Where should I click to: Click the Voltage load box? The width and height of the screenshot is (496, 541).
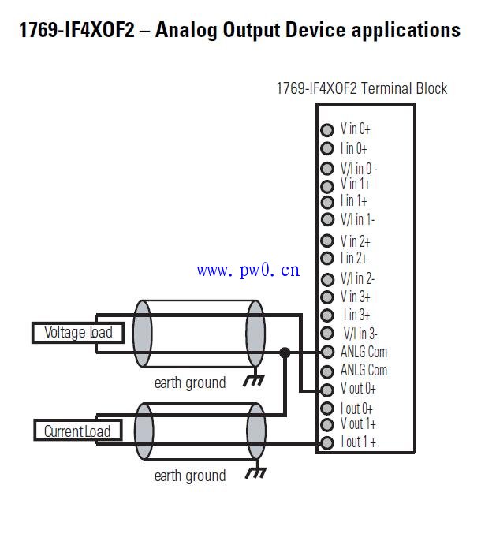[x=78, y=333]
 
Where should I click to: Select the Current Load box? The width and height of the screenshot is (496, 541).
[x=77, y=431]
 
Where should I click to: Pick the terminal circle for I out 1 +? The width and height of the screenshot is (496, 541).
[x=327, y=442]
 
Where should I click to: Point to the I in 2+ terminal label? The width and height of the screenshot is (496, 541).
[x=354, y=258]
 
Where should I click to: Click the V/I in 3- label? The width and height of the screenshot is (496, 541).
[x=360, y=334]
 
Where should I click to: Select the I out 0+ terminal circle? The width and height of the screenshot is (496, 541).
[x=327, y=409]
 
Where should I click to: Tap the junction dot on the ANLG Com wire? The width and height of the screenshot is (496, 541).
[x=285, y=353]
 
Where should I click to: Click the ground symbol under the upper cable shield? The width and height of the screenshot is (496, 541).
[x=254, y=381]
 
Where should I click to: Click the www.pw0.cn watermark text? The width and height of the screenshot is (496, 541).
[x=248, y=270]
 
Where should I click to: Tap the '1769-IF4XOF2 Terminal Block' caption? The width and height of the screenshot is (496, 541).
[x=361, y=88]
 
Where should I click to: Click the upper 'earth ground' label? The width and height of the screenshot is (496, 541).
[x=190, y=383]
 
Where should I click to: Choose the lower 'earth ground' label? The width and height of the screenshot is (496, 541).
[x=190, y=476]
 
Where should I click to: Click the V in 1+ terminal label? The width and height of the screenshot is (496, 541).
[x=355, y=184]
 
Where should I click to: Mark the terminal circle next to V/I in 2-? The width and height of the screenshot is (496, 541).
[x=327, y=279]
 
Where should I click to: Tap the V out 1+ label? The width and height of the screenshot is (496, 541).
[x=358, y=424]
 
